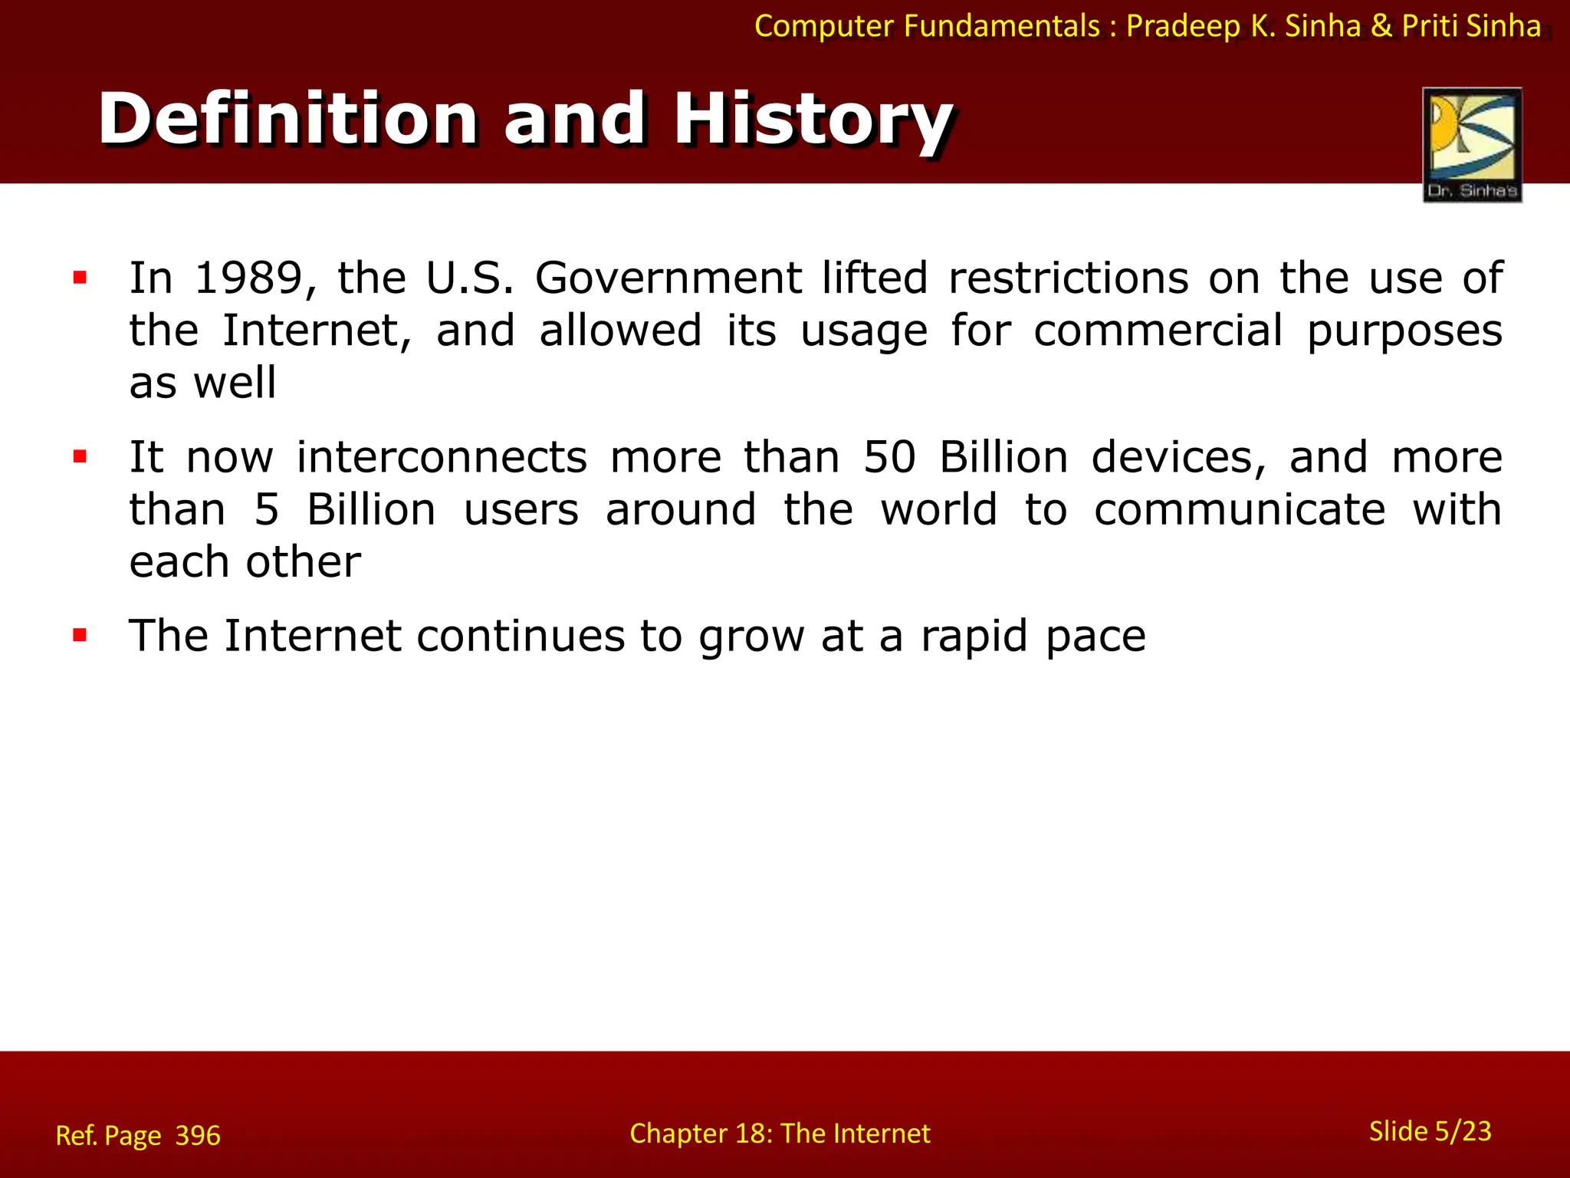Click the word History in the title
813,120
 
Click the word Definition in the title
288,120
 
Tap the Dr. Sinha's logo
1471,144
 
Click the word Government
668,278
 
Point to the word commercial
1158,331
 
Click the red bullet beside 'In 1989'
80,278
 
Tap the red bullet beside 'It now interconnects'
80,458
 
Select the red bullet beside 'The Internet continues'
80,635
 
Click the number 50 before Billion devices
889,458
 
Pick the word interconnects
442,458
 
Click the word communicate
1239,510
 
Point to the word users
521,510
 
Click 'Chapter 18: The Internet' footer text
780,1134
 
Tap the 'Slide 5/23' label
1430,1131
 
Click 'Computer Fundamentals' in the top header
927,27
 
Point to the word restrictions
1068,278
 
